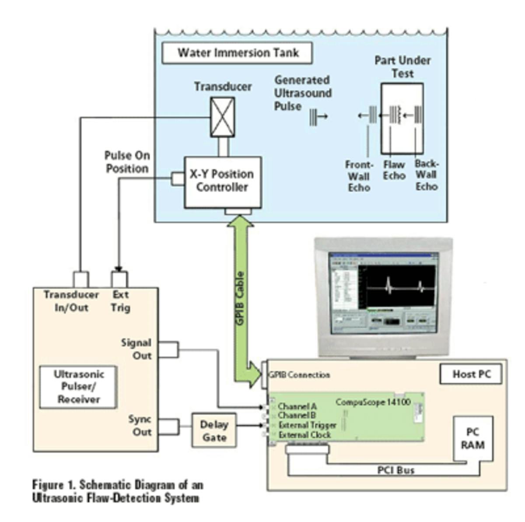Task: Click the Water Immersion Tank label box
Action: pyautogui.click(x=237, y=53)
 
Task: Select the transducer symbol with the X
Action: pyautogui.click(x=222, y=117)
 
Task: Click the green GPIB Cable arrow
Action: pyautogui.click(x=241, y=297)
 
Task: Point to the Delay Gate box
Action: pyautogui.click(x=214, y=431)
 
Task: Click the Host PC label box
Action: pyautogui.click(x=471, y=375)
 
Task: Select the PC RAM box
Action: pyautogui.click(x=472, y=438)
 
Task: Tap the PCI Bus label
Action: pyautogui.click(x=395, y=470)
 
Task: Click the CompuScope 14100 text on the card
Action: pyautogui.click(x=373, y=402)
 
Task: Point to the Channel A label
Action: pyautogui.click(x=297, y=407)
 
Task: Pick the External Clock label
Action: pyautogui.click(x=304, y=435)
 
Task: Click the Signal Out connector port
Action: pyautogui.click(x=168, y=350)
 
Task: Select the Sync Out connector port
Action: pyautogui.click(x=168, y=427)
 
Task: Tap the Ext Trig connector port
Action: pyautogui.click(x=119, y=279)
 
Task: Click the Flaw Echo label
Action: pyautogui.click(x=394, y=170)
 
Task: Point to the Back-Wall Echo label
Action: pyautogui.click(x=427, y=175)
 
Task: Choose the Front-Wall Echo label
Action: pyautogui.click(x=359, y=176)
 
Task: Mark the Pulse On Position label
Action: pyautogui.click(x=127, y=162)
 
